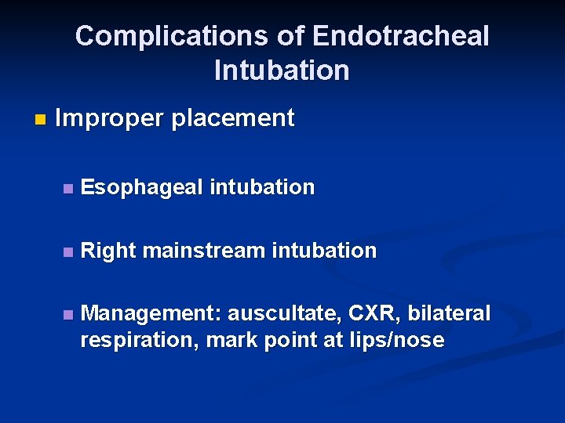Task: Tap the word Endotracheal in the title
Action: (400, 36)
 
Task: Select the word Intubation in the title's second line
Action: (282, 70)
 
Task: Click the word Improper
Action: (109, 119)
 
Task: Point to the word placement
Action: (232, 119)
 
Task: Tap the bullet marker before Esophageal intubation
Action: (68, 189)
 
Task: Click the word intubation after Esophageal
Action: (261, 188)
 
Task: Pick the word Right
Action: (109, 251)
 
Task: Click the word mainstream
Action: (204, 251)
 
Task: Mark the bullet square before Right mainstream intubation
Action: (68, 252)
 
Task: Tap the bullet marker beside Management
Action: (68, 315)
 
